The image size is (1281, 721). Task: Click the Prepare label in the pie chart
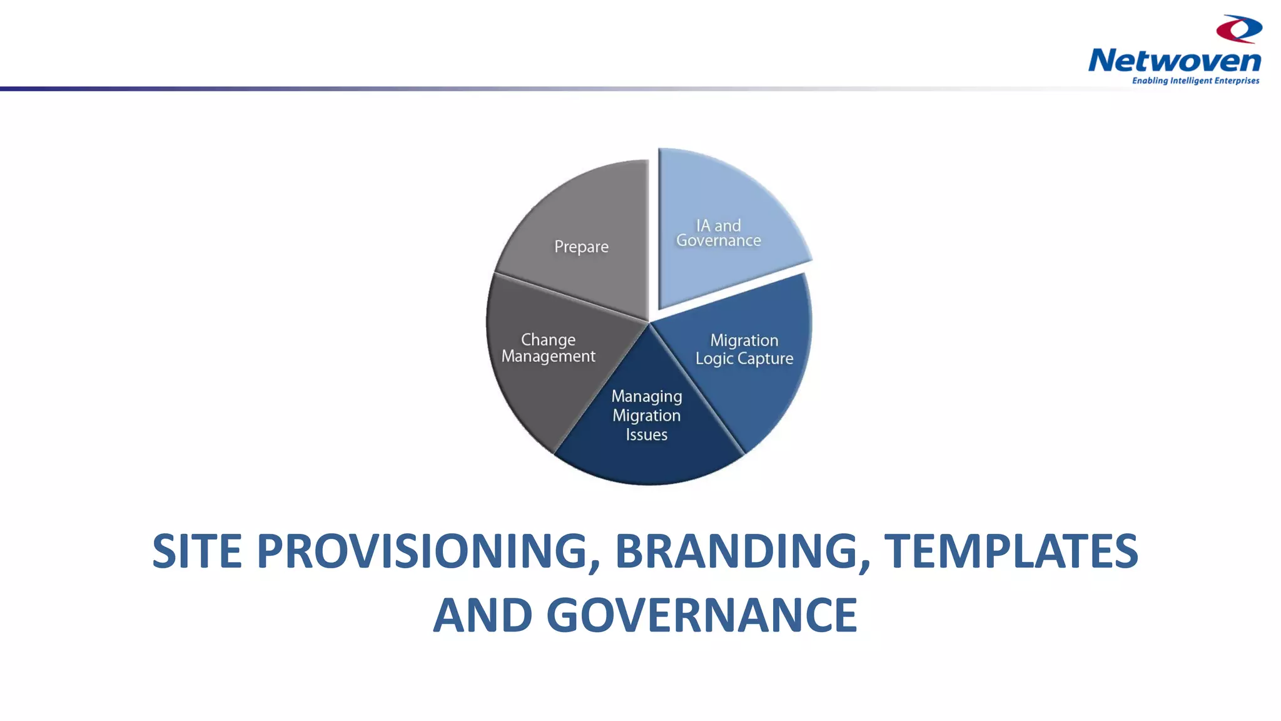[581, 247]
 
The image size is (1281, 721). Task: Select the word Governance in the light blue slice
[719, 241]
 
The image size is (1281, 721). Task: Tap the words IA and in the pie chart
[719, 225]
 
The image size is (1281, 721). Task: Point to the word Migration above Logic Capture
[744, 340]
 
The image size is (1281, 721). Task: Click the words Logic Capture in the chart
[744, 359]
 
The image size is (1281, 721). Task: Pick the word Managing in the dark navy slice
[647, 397]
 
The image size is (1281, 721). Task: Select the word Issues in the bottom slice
[647, 434]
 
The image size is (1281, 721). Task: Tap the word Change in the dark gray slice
[548, 340]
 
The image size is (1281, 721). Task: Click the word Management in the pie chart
[548, 357]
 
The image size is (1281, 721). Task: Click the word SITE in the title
[197, 551]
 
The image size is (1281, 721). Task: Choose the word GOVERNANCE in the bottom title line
[701, 615]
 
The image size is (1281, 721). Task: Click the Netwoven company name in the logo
[1174, 61]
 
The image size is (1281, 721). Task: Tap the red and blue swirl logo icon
[1238, 29]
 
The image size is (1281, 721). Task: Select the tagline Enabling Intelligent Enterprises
[1195, 81]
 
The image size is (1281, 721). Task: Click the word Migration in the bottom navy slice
[647, 416]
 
